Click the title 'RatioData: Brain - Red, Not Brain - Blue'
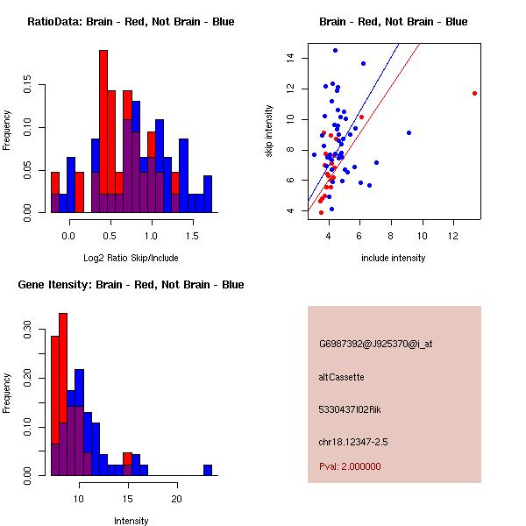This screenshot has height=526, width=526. [131, 21]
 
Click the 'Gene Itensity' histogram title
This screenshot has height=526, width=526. [131, 284]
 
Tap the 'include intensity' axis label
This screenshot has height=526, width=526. [394, 258]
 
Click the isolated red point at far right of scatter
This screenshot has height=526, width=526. [474, 93]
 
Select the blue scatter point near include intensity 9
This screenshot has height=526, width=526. [409, 132]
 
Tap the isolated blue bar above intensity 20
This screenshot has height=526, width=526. [208, 470]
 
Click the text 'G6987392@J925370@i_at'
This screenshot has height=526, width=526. [375, 344]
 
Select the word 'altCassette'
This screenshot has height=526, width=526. [341, 377]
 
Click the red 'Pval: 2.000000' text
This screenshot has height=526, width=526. [350, 466]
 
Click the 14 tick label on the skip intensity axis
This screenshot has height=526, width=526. [289, 58]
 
